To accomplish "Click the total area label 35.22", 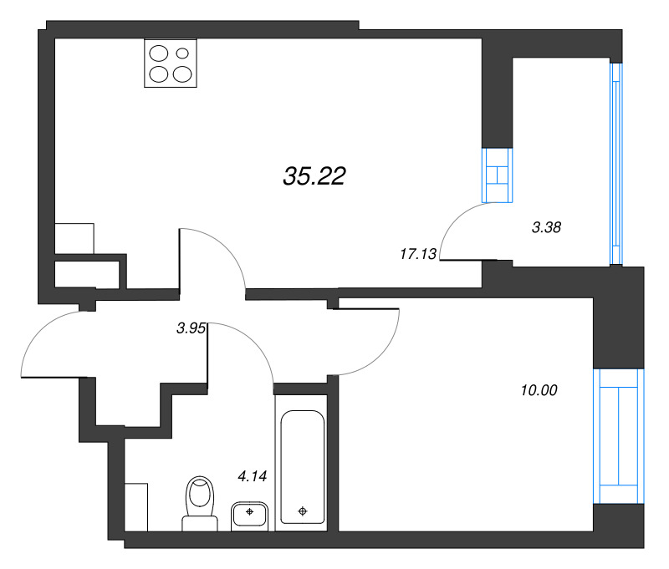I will [314, 176].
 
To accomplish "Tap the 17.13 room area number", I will [419, 255].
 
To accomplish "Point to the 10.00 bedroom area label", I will [538, 389].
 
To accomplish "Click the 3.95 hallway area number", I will [191, 329].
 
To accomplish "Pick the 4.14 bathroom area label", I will [252, 477].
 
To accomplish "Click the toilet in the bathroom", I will [200, 502].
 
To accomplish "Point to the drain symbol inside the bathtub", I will [303, 511].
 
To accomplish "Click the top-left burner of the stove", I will [159, 53].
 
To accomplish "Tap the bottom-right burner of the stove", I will [182, 74].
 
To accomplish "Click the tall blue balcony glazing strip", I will [617, 163].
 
